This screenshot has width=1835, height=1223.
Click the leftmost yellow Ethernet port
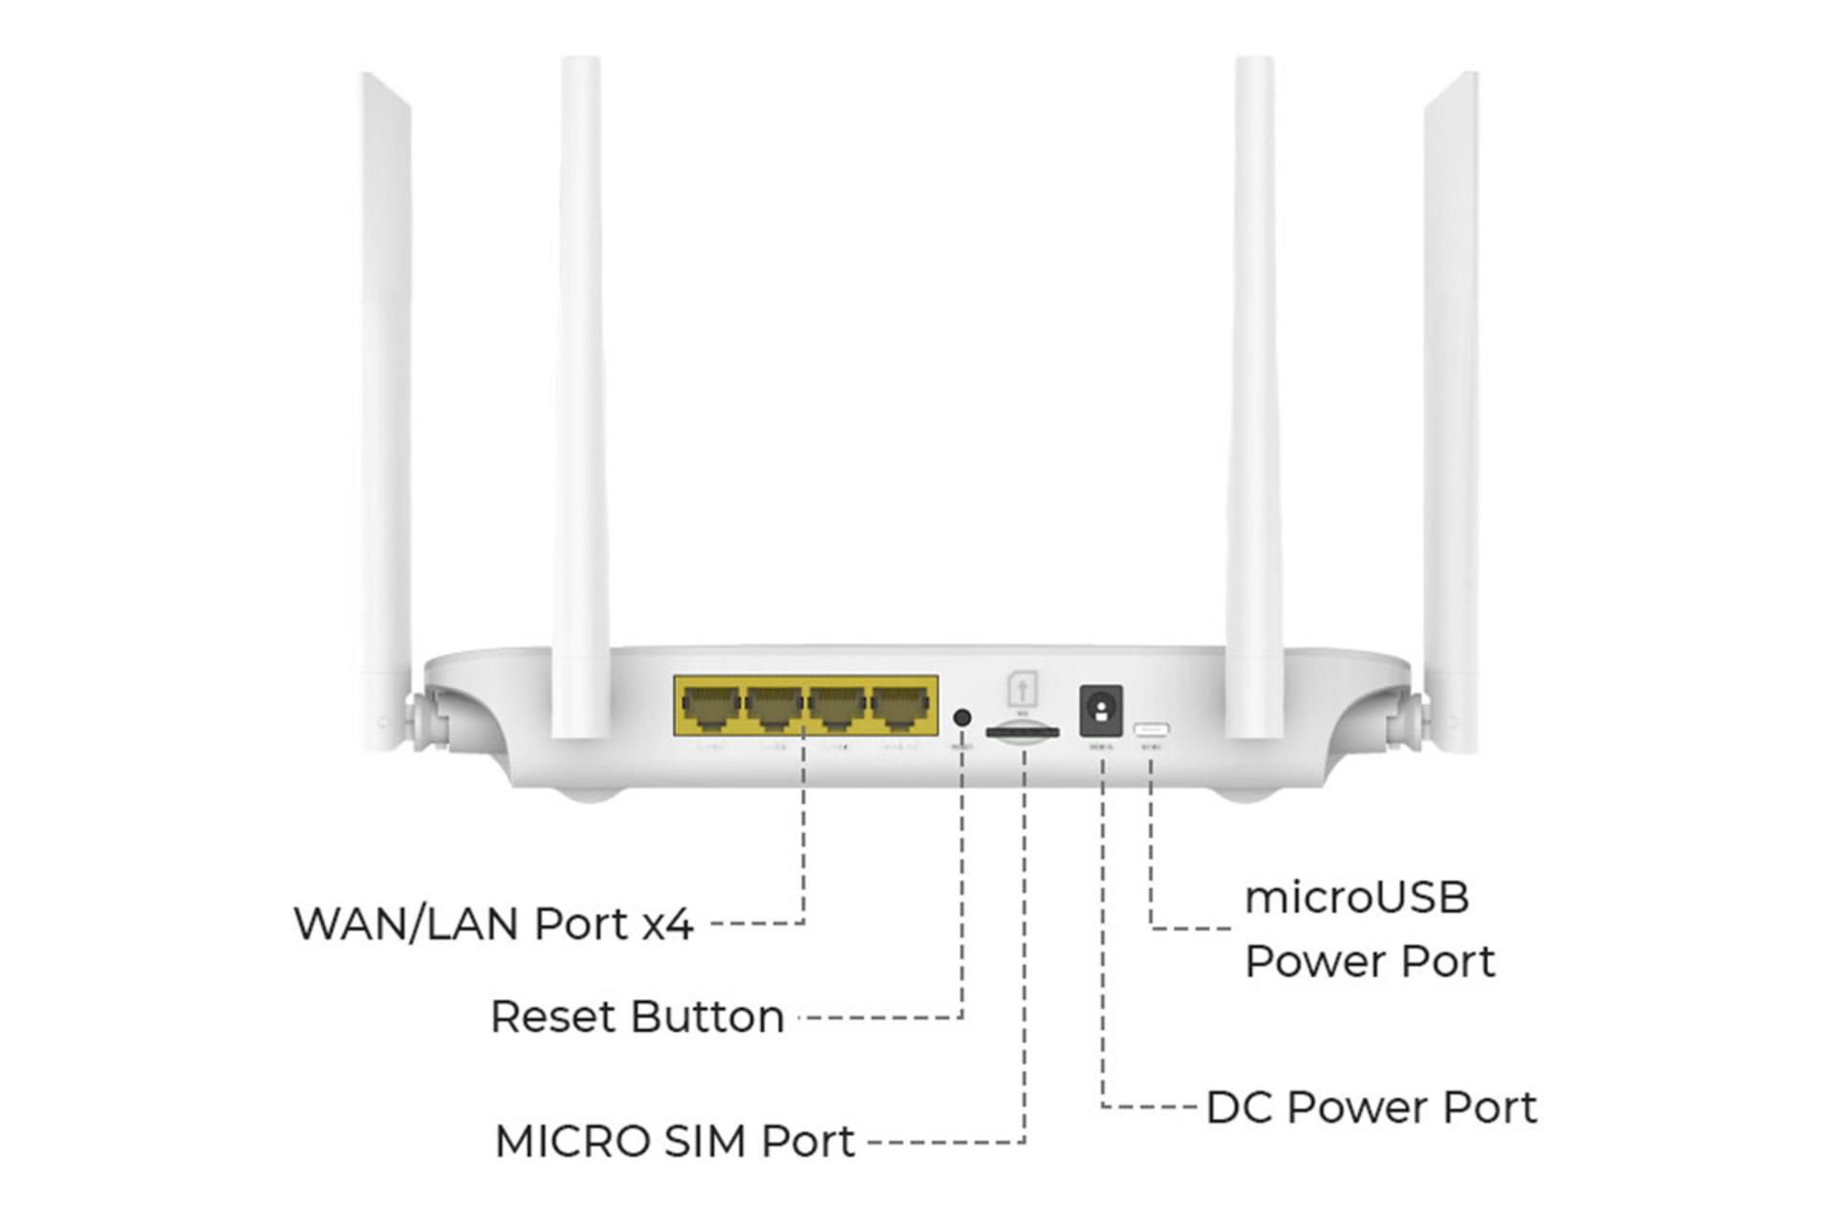tap(710, 708)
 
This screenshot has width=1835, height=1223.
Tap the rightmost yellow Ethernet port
tap(901, 708)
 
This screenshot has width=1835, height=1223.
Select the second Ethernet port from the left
tap(773, 708)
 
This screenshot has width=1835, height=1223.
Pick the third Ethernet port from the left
tap(837, 708)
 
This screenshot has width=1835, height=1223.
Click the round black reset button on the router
tap(962, 717)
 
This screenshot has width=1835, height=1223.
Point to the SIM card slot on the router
tap(1023, 733)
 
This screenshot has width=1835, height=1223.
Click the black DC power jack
tap(1101, 710)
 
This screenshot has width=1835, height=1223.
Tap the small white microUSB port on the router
tap(1152, 730)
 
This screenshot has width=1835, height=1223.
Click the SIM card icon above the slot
tap(1023, 689)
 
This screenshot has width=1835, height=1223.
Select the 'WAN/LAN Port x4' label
tap(493, 924)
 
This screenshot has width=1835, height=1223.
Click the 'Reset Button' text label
tap(637, 1017)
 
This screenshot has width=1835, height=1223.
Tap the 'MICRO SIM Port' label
tap(675, 1141)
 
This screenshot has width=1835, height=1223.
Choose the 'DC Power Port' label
tap(1371, 1108)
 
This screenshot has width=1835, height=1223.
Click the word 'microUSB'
tap(1356, 898)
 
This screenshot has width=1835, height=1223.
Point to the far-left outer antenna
tap(385, 401)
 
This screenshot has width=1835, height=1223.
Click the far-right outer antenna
tap(1451, 401)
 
